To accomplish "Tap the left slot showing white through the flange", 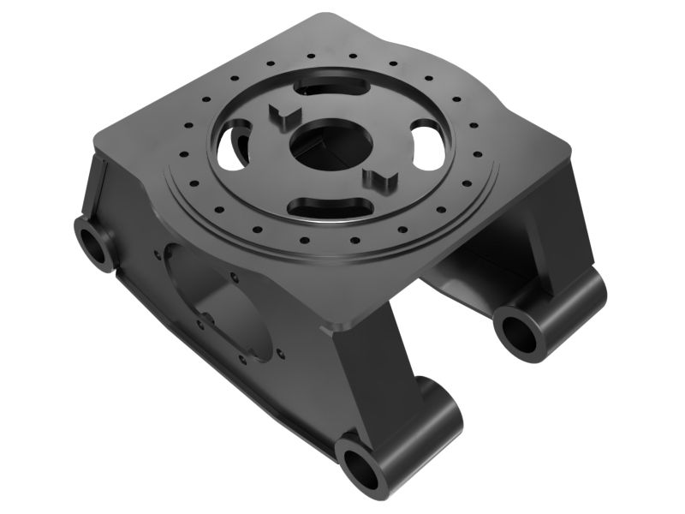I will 233,146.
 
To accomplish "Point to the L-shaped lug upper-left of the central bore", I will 282,117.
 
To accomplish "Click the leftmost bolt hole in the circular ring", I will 182,155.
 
